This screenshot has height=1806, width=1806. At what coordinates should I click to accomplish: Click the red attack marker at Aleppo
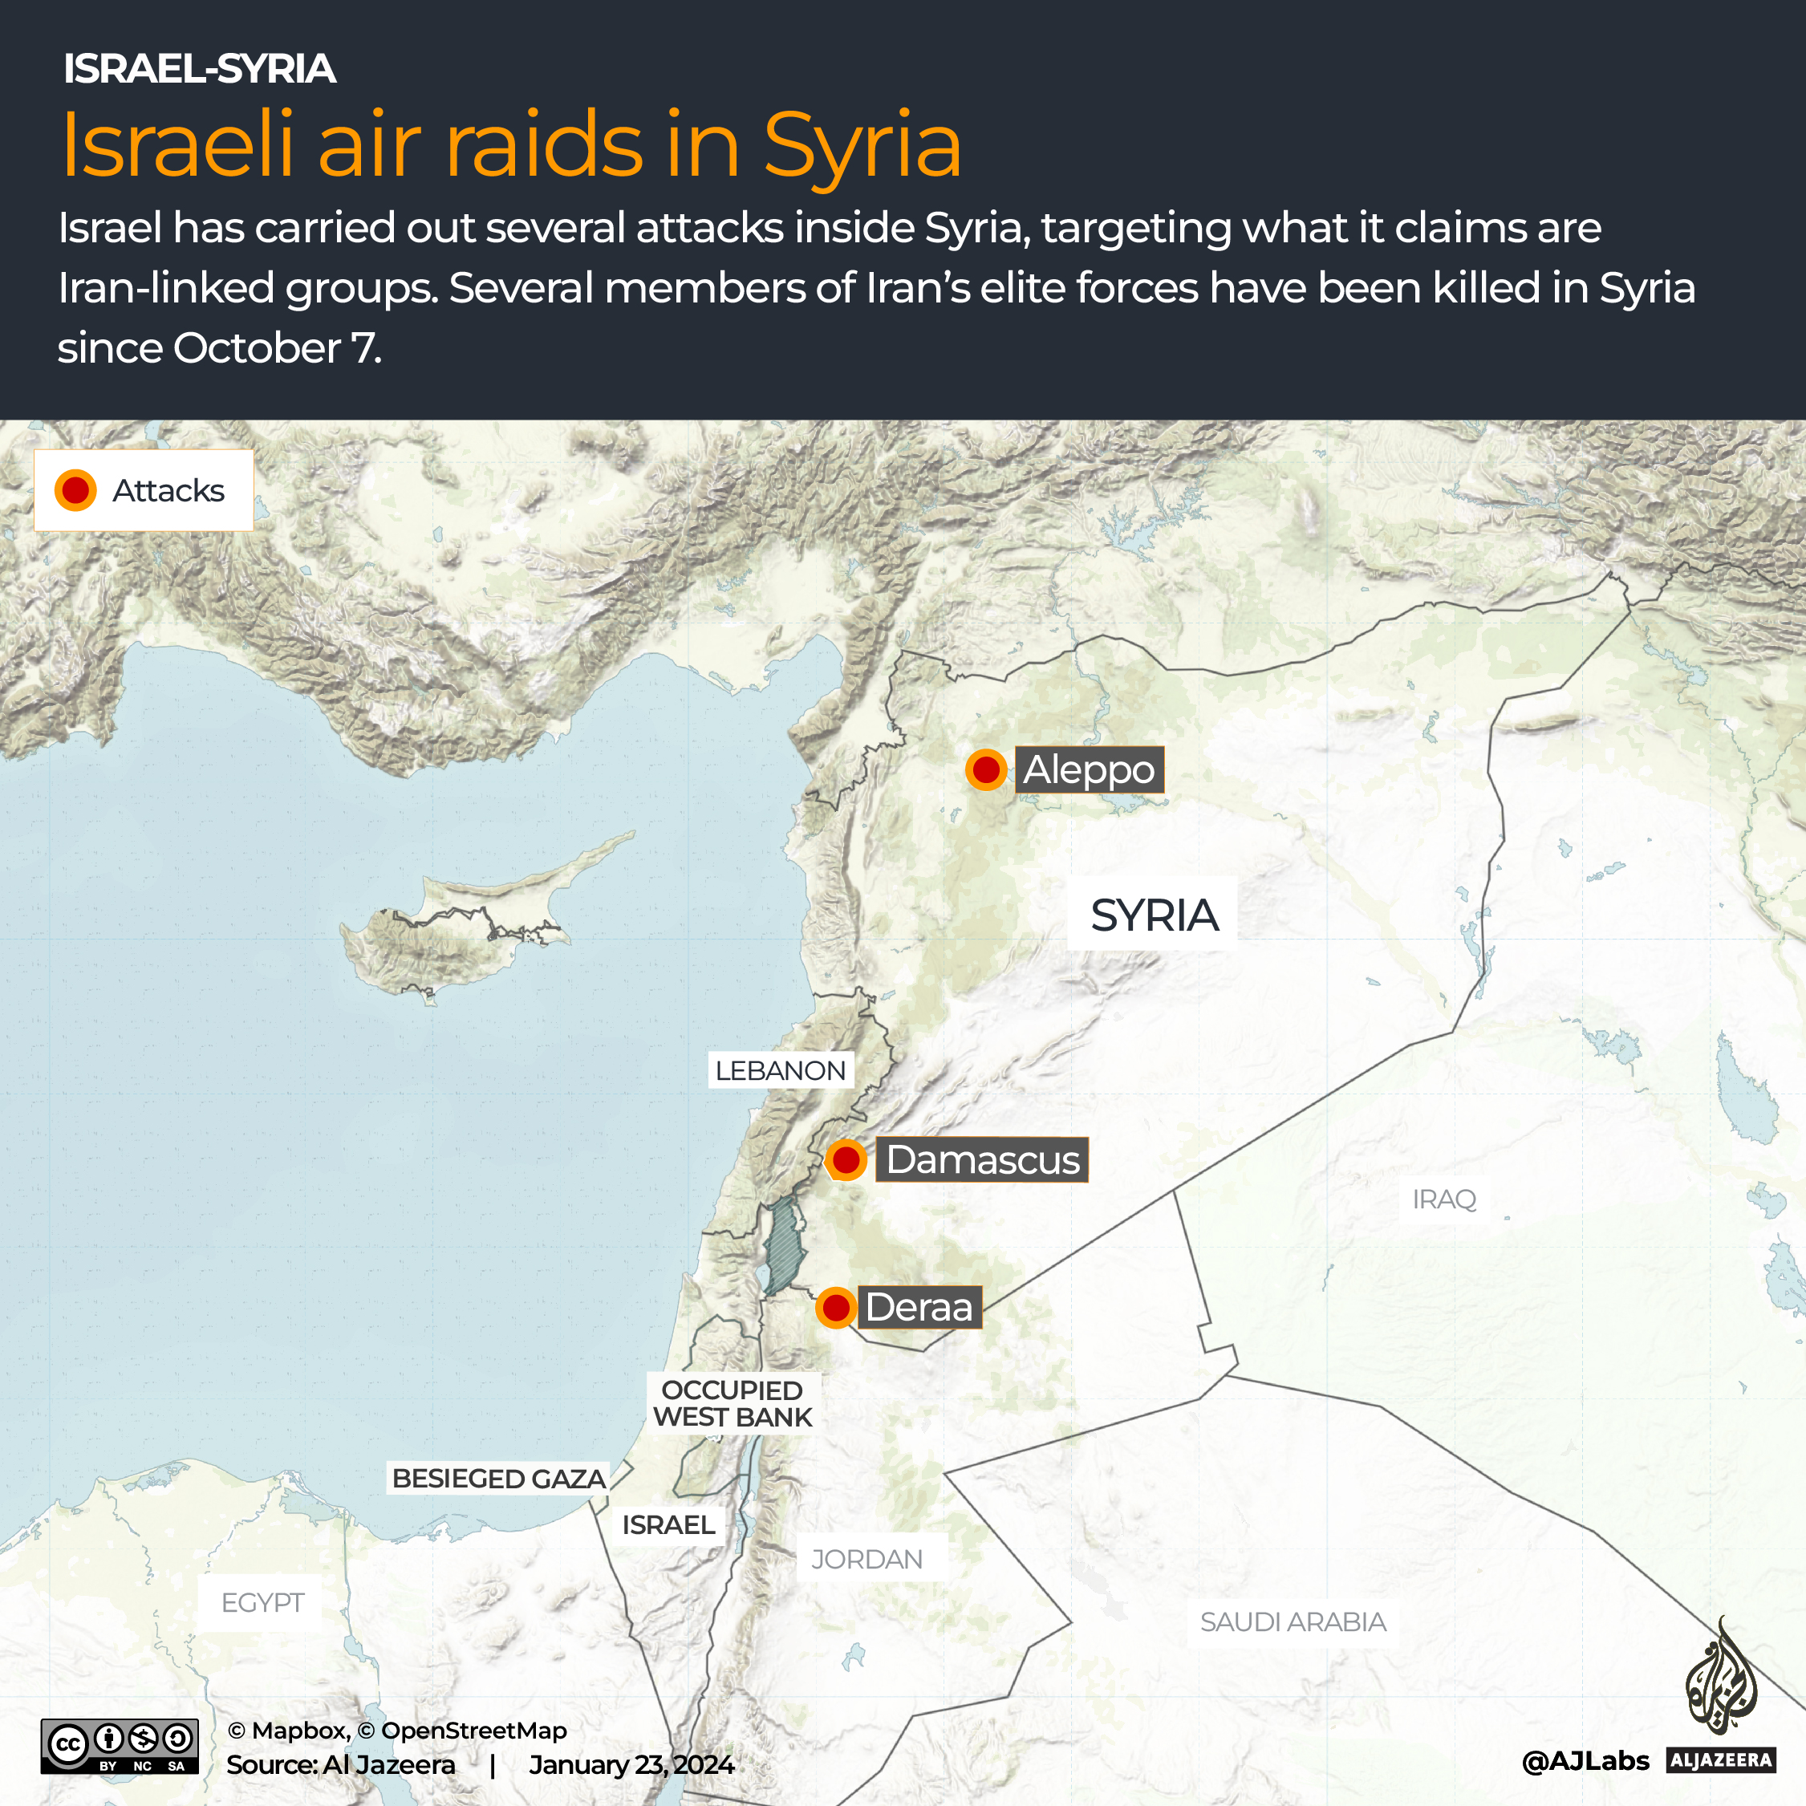985,770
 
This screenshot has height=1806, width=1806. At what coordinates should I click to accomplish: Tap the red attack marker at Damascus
846,1160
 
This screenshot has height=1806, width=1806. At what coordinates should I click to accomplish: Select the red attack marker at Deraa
836,1307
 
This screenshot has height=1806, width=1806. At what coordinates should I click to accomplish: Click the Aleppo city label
1089,770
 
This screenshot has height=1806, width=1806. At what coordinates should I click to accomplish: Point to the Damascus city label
983,1160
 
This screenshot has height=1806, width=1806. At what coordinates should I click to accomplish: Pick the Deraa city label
919,1307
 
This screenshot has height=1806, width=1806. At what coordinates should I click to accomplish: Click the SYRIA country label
1154,915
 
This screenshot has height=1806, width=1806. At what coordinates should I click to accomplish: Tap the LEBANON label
780,1070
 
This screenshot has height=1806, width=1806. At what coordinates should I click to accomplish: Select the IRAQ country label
1443,1199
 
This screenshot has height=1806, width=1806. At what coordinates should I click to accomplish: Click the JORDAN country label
866,1559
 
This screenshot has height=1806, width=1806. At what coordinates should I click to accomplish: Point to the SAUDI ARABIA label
1293,1621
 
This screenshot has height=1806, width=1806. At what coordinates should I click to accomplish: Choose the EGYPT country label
262,1603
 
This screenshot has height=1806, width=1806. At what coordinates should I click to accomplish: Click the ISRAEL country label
668,1524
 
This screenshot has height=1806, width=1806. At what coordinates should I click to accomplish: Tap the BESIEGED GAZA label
498,1479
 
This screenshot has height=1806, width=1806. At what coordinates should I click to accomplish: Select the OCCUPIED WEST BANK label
733,1404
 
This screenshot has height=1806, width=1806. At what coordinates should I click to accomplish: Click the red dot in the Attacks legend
75,491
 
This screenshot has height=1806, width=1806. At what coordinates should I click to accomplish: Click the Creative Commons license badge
120,1745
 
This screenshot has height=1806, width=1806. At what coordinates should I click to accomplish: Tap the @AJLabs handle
1585,1761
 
